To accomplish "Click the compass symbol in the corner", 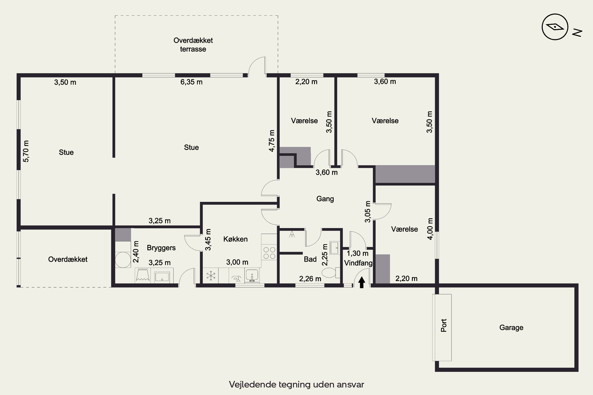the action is pos(555,27).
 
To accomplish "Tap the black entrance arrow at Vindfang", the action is pos(362,282).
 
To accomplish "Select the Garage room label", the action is pos(511,327).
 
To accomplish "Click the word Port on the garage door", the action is pos(444,325).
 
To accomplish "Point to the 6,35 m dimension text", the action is pos(191,82).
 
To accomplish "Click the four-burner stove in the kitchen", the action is pos(269,253).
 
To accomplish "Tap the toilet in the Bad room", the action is pos(330,273).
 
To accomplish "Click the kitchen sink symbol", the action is pos(252,276).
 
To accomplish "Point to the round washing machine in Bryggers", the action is pos(123,260).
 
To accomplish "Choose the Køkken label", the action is pos(235,239).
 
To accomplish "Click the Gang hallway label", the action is pos(325,199).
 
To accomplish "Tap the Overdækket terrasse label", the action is pos(193,45).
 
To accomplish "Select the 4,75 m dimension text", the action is pos(272,141).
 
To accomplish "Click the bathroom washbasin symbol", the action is pos(335,248).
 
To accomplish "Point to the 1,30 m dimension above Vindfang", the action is pos(358,253).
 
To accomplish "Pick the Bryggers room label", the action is pos(161,248).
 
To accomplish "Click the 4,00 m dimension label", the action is pos(430,229).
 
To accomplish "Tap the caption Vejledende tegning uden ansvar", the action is pos(296,384).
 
